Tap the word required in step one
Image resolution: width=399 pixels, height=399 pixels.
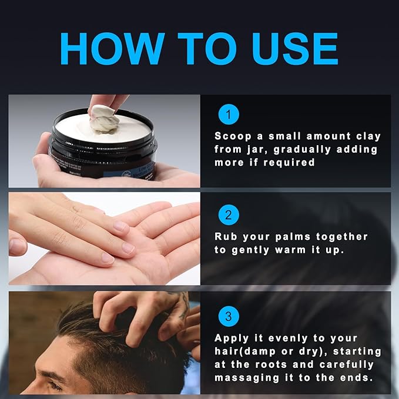290,163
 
